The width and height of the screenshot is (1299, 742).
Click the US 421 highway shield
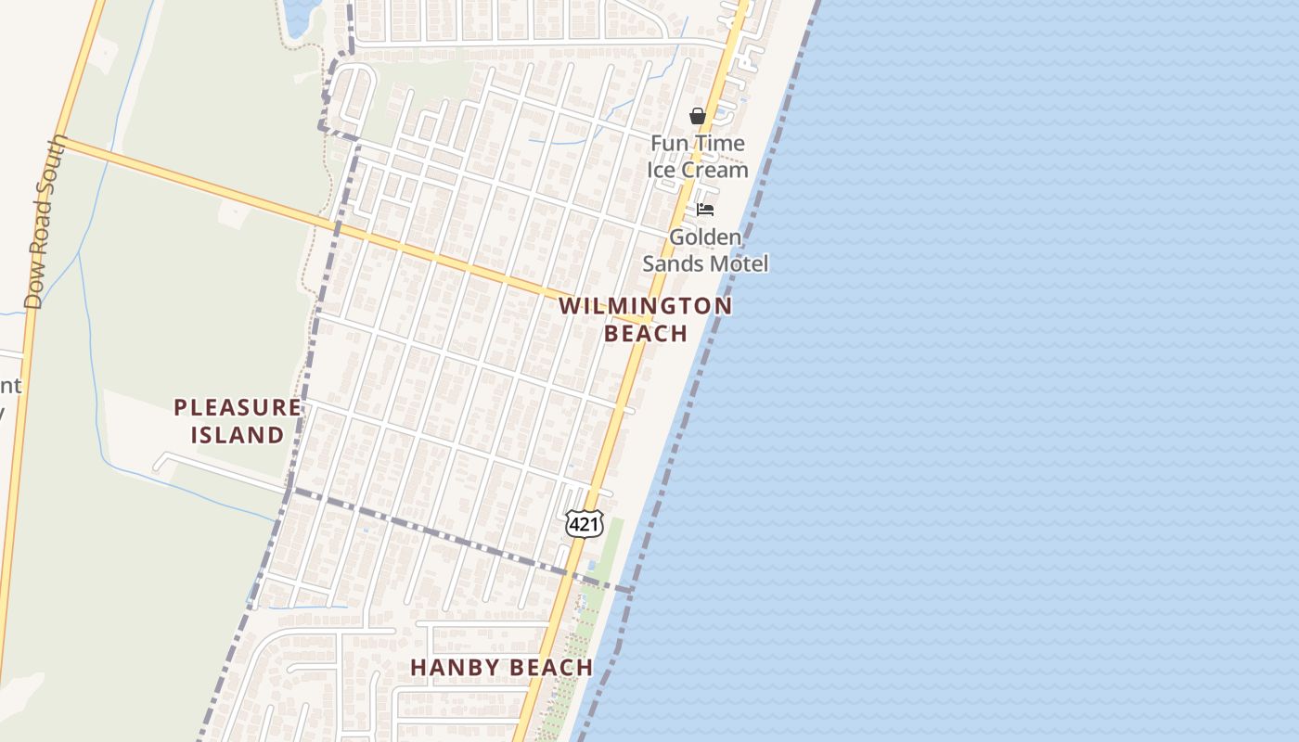coord(585,524)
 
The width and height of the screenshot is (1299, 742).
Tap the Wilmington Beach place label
coord(646,319)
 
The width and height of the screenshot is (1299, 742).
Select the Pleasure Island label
coord(238,420)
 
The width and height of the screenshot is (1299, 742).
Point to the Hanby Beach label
coord(501,667)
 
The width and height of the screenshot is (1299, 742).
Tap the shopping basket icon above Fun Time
coord(698,116)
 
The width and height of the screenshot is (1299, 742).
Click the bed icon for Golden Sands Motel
coord(705,210)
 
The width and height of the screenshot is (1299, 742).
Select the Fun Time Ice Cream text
coord(698,156)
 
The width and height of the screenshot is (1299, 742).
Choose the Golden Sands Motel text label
coord(705,250)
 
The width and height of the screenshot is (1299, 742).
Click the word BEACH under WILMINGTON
coord(646,333)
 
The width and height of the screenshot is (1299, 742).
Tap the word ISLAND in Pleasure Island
coord(238,434)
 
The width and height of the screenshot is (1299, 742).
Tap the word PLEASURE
coord(238,407)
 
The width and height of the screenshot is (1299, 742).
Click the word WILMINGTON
coord(646,305)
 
